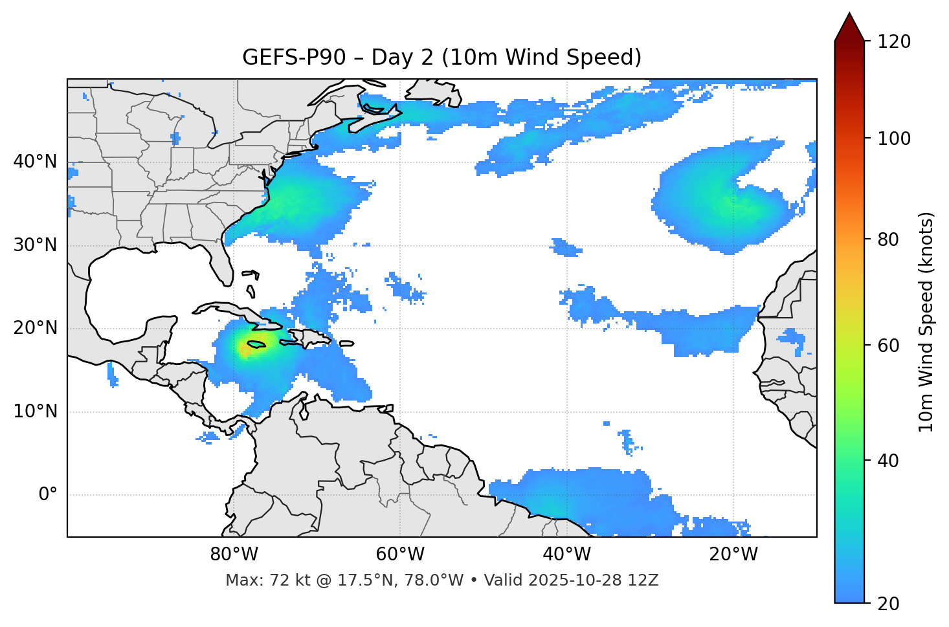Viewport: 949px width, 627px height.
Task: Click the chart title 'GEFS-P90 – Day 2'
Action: tap(441, 58)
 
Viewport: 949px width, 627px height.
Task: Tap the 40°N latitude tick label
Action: tap(35, 162)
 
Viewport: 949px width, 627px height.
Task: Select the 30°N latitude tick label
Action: tap(35, 245)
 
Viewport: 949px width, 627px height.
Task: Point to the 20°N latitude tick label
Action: tap(35, 328)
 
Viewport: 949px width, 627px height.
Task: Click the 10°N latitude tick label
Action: tap(35, 412)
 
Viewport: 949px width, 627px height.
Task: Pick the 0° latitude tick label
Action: tap(48, 495)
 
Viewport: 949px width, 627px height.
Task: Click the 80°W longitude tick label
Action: tap(234, 555)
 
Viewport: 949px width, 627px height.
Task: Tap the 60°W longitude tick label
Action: tap(400, 555)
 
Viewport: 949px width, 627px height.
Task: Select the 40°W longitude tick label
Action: tap(566, 555)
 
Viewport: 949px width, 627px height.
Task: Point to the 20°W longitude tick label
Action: tap(733, 555)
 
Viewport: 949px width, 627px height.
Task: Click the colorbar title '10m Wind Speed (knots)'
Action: tap(926, 322)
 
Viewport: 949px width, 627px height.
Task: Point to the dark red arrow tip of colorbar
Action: tap(849, 25)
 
